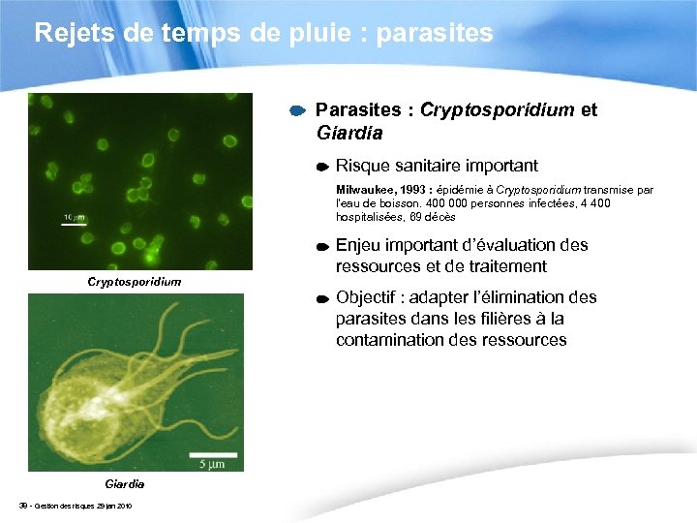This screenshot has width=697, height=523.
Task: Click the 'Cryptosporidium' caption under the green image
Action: tap(135, 282)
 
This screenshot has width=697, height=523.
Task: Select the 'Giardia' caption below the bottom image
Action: tap(125, 482)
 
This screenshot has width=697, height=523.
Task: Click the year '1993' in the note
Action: tap(411, 190)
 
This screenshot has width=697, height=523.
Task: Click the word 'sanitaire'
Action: tap(432, 166)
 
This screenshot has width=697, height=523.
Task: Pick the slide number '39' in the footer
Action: tap(23, 507)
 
